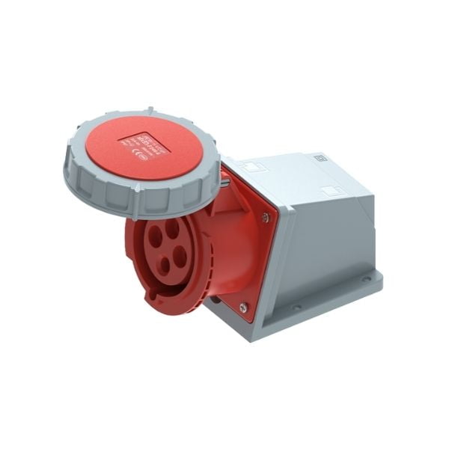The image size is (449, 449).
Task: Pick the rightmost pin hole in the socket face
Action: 180,257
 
